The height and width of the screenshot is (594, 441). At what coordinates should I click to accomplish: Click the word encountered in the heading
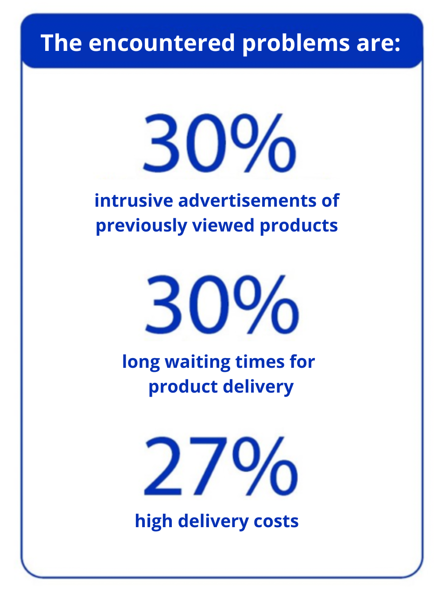point(162,43)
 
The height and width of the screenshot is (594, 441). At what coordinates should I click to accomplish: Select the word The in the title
point(61,42)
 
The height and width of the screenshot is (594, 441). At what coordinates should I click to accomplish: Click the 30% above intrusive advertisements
point(220,143)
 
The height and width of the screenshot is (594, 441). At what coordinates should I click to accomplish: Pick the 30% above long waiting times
point(222,304)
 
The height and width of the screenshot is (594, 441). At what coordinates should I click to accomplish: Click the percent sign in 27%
point(265,466)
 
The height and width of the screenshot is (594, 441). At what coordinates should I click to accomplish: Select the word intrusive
point(134,201)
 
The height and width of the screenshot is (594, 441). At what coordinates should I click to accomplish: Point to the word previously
point(141,226)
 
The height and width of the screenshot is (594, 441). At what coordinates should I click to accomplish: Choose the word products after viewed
point(299,226)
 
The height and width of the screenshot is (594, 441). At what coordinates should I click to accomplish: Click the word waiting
point(197,363)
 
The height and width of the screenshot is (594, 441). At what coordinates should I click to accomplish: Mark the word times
point(260,362)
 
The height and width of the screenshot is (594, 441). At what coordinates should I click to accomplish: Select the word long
point(141,363)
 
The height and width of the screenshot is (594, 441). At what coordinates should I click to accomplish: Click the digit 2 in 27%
point(163,466)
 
